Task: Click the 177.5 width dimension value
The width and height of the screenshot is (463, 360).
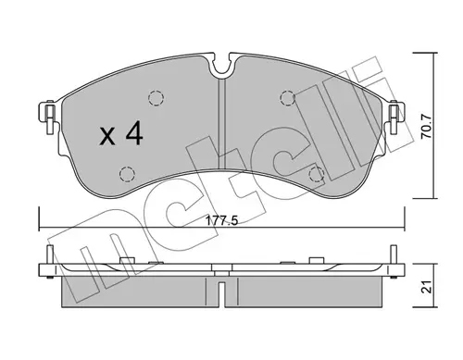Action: [x=222, y=221]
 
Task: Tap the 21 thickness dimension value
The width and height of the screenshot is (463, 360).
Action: [x=427, y=287]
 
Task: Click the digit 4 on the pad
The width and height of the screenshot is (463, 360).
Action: [x=134, y=133]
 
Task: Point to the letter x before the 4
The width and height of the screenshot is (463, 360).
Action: [x=107, y=137]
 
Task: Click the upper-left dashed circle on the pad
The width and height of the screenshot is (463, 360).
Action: [x=156, y=98]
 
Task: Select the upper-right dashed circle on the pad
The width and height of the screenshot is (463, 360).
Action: [x=287, y=98]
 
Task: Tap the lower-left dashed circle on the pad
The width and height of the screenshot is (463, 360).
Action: [x=127, y=174]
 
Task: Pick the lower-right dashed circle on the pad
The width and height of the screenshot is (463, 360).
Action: [x=317, y=175]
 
